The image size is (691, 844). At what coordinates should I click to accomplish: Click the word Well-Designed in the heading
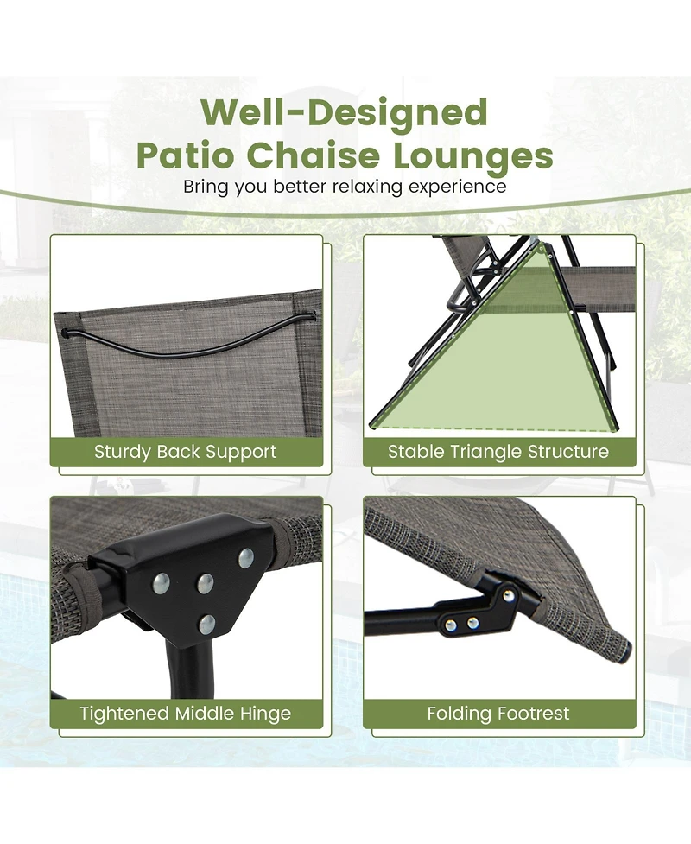click(345, 113)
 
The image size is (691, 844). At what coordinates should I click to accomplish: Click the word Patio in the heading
click(186, 155)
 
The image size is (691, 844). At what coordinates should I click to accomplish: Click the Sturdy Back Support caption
click(186, 451)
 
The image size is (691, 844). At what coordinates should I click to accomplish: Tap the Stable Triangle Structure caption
click(498, 451)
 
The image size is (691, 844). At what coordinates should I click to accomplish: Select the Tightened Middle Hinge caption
click(186, 714)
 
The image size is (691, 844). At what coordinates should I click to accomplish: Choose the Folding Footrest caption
click(498, 714)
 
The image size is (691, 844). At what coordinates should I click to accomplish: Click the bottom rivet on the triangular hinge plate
click(206, 625)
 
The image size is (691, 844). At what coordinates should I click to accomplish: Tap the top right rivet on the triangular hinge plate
click(246, 558)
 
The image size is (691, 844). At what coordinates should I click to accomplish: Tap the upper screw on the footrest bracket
click(507, 595)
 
